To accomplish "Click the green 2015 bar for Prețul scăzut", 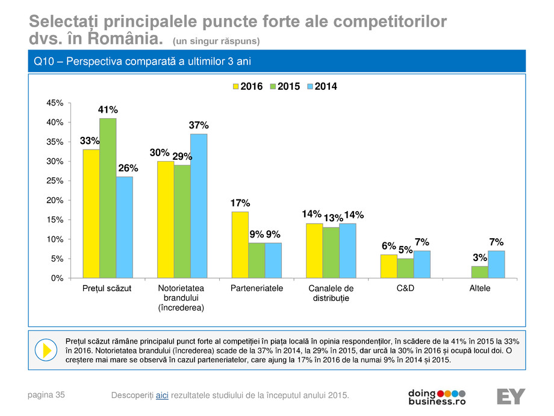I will pos(108,198).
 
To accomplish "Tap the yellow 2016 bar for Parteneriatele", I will pos(240,245).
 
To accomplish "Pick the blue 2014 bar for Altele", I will pos(496,265).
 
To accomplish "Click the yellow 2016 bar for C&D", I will pos(388,266).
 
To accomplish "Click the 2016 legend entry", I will pos(247,87).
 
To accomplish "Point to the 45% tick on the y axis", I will pos(55,103).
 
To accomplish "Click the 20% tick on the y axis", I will pos(55,200).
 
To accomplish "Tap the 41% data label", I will pos(108,110).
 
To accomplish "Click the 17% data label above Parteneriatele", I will pos(240,203).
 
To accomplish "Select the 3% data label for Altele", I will pos(479,257).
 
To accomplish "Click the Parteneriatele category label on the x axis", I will pos(257,289).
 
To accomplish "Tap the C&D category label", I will pos(405,289).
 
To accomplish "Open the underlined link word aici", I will pos(162,396).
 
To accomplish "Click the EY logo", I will pos(511,397).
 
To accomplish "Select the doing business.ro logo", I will pos(437,396).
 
